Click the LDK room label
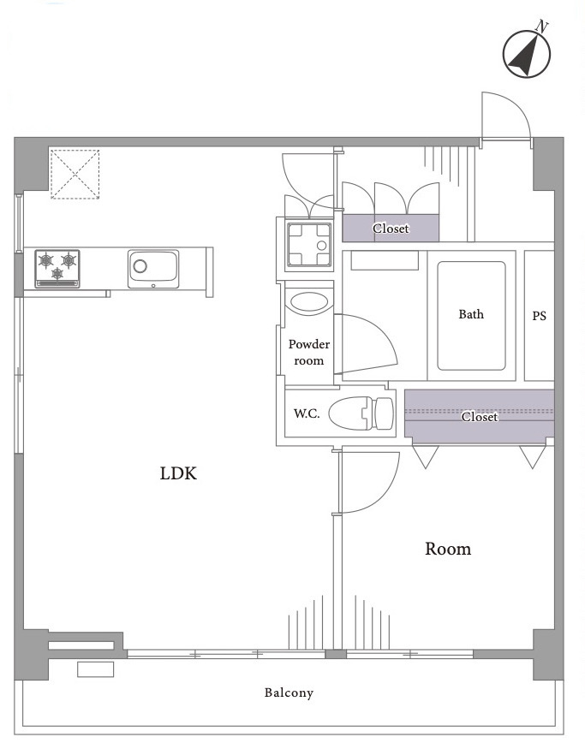coord(178,473)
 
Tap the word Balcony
coord(290,693)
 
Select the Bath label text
coord(471,314)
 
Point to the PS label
coord(539,316)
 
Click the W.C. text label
coord(307,413)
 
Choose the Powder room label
coord(309,352)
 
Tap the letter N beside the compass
coord(541,27)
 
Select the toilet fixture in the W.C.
coord(361,413)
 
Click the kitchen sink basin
coord(153,269)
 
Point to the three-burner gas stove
coord(57,269)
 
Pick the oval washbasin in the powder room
coord(310,302)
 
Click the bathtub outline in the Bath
coord(471,316)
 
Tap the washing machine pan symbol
coord(308,246)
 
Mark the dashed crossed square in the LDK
coord(75,174)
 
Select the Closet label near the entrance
coord(391,229)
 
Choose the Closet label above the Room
coord(480,417)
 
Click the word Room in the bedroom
coord(448,549)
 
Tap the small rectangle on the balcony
coord(96,669)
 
